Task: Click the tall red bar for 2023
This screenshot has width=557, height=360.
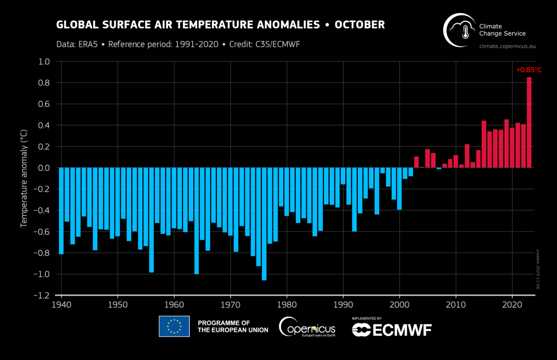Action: [529, 122]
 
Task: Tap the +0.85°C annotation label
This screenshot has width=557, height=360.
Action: [529, 70]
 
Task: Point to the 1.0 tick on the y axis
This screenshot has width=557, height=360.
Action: [44, 62]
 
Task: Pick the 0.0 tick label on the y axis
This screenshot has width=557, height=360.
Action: [44, 168]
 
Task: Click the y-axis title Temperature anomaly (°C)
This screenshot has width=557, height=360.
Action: [24, 179]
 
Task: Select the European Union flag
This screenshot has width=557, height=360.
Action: [174, 326]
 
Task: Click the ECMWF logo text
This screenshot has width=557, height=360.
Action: [392, 330]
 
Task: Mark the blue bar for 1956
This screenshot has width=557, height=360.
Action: [151, 220]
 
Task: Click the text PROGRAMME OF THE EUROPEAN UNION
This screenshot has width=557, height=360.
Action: [233, 326]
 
